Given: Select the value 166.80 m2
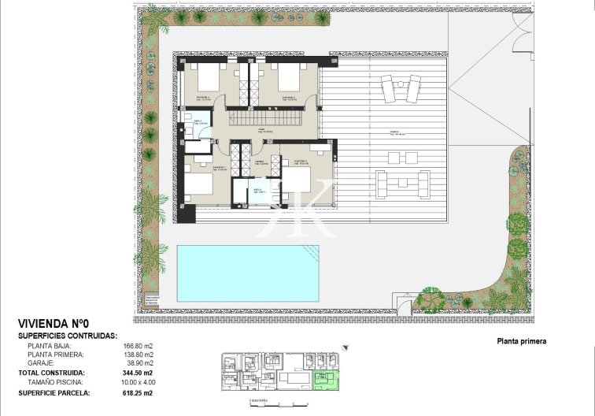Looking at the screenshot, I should tap(138, 345).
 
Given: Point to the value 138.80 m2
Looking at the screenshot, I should tap(138, 355).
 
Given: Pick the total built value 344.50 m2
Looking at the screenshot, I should tap(138, 373).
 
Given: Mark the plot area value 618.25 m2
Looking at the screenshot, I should tap(138, 392).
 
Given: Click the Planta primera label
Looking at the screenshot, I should tap(521, 342).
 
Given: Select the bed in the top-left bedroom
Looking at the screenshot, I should tap(209, 79).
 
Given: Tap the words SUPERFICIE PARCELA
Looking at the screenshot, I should tap(54, 392).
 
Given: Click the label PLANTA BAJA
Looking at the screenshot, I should tap(50, 345).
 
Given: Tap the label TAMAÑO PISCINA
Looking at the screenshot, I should tap(54, 381).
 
